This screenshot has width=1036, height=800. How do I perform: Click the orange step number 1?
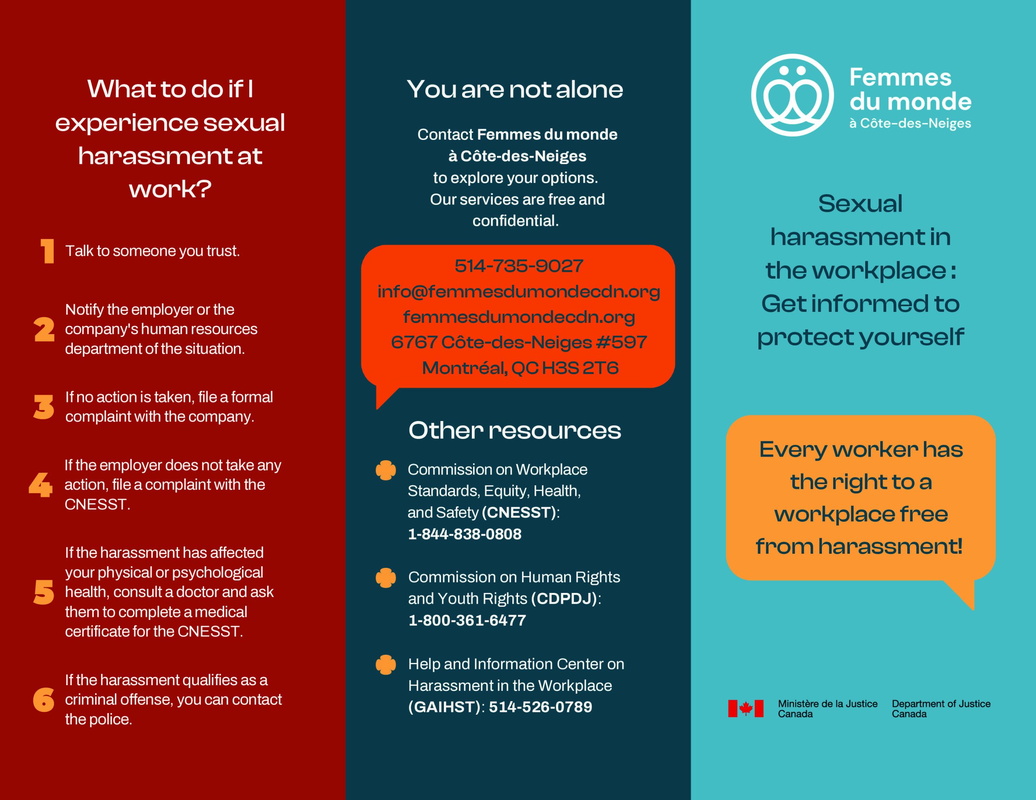click(47, 251)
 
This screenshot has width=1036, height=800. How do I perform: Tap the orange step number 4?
click(40, 485)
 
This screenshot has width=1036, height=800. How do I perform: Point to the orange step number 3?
click(44, 407)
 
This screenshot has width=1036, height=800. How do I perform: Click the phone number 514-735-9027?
click(518, 266)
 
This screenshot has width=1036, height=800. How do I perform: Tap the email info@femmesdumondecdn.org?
click(518, 292)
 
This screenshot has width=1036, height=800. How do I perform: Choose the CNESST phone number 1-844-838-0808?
click(465, 534)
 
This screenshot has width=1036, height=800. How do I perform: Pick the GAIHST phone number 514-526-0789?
click(540, 707)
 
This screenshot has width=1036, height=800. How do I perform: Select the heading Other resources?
click(515, 431)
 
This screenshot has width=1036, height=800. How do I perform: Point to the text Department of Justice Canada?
click(940, 709)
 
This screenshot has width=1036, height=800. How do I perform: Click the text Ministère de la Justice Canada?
click(827, 709)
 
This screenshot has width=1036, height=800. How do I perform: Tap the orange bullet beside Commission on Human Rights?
click(386, 578)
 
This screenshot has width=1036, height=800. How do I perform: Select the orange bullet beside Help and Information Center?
click(386, 665)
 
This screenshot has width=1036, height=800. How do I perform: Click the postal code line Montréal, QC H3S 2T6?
click(520, 368)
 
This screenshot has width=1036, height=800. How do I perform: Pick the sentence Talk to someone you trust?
click(152, 251)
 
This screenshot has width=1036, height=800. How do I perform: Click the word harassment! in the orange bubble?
click(890, 546)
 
